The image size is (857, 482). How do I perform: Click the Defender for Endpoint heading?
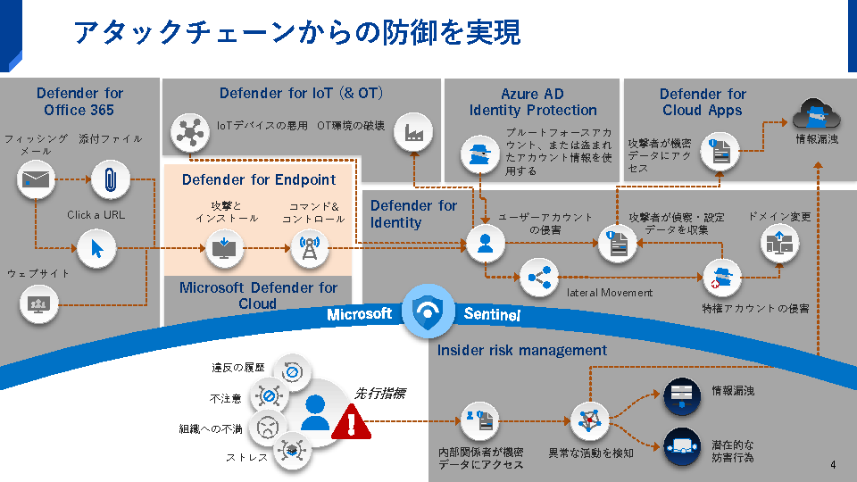pyautogui.click(x=259, y=179)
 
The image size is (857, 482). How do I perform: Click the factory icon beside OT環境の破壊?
pyautogui.click(x=414, y=132)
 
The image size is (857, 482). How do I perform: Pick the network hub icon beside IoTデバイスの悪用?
pyautogui.click(x=188, y=132)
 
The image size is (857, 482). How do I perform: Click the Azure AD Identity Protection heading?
pyautogui.click(x=533, y=102)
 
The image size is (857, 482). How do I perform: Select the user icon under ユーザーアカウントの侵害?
pyautogui.click(x=485, y=243)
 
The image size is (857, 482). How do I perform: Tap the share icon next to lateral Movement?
pyautogui.click(x=537, y=278)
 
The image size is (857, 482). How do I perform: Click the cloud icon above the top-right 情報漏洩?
pyautogui.click(x=816, y=114)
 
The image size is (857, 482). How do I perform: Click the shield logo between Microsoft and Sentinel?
pyautogui.click(x=428, y=312)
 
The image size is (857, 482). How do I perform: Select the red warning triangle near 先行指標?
pyautogui.click(x=352, y=422)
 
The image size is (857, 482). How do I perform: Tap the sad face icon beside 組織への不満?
pyautogui.click(x=267, y=428)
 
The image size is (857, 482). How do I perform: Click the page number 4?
pyautogui.click(x=833, y=465)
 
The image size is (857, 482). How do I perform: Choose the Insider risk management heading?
pyautogui.click(x=522, y=350)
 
